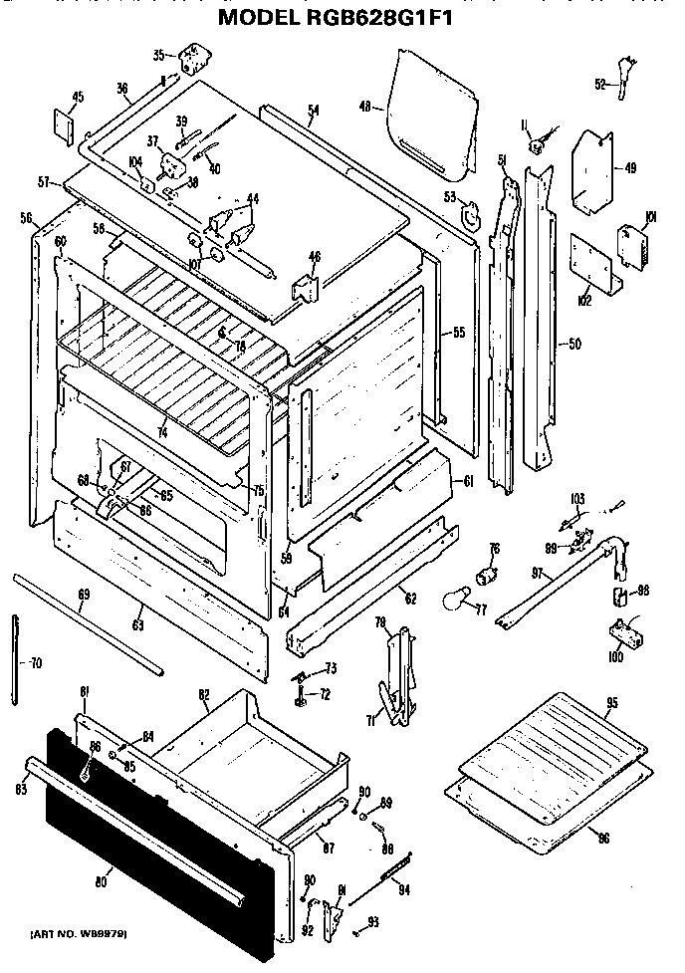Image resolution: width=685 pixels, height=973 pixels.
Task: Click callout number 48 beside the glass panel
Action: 364,107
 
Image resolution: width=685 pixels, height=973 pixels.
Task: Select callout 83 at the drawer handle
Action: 19,790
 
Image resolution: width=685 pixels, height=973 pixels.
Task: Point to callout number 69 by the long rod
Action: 84,595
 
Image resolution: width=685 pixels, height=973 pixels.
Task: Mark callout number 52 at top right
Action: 601,85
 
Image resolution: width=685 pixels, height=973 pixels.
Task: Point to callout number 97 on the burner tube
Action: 539,573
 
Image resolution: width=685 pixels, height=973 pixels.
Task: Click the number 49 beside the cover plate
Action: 629,167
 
